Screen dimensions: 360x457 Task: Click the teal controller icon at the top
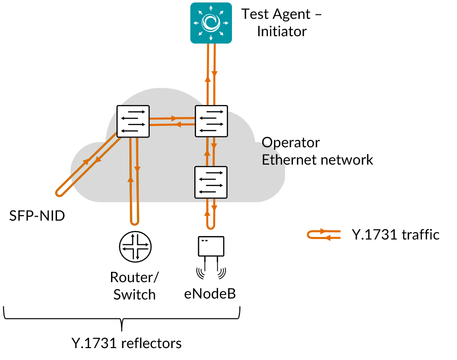click(211, 23)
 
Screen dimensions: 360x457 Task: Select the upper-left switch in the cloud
click(133, 121)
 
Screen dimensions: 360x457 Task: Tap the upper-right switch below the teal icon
click(212, 121)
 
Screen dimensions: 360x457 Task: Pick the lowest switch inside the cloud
click(211, 182)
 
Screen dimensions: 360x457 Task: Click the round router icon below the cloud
click(135, 246)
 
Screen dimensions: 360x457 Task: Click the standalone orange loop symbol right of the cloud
click(324, 235)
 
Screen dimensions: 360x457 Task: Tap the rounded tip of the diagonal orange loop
click(59, 193)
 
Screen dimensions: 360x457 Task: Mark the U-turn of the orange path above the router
click(135, 222)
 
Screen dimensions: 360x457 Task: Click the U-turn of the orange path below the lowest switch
click(211, 227)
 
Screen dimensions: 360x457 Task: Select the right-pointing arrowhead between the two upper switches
click(174, 119)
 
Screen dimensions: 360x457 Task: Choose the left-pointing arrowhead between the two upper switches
click(178, 124)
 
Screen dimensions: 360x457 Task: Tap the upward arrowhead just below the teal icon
click(208, 78)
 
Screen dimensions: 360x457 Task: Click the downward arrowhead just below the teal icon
click(214, 74)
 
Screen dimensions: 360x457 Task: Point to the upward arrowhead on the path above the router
click(131, 179)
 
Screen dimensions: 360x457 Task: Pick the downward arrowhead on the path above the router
click(137, 170)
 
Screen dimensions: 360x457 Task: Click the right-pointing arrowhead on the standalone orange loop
click(323, 231)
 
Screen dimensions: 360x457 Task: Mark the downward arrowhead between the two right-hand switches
click(214, 146)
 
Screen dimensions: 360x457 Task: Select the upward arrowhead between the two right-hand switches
click(207, 153)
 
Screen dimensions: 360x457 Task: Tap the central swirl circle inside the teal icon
click(211, 22)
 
